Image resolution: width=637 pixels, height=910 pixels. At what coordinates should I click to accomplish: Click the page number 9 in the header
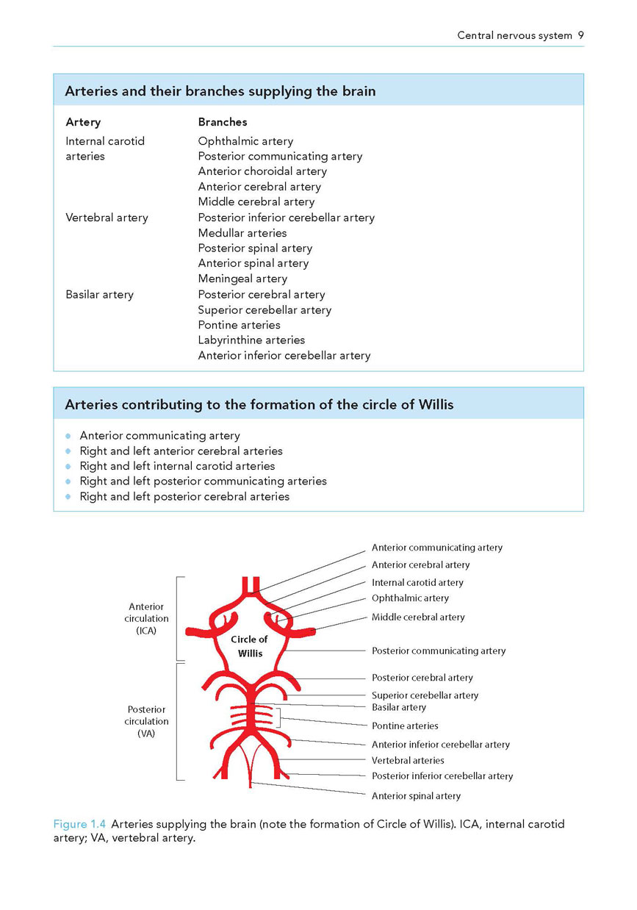581,35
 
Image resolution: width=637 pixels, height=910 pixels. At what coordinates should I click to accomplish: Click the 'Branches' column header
223,122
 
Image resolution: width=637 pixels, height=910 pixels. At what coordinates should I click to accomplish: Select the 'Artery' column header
83,122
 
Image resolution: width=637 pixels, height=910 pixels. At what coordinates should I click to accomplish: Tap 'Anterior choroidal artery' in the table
262,171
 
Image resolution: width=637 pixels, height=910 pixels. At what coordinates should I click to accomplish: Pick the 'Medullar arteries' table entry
242,233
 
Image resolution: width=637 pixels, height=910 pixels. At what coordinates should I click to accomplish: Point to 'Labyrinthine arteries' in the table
251,340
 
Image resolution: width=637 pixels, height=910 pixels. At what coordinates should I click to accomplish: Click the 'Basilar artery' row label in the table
99,295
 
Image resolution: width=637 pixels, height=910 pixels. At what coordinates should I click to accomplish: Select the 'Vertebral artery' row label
107,218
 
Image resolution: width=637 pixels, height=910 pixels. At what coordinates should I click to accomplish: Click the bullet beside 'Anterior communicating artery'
68,436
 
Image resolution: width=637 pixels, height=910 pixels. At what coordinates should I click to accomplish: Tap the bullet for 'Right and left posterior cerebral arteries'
68,496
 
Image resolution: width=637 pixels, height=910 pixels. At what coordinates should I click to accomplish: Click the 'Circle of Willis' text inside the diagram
249,646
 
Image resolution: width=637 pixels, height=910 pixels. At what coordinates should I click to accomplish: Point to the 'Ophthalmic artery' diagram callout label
410,598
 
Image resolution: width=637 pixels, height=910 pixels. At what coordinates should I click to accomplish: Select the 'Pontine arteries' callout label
405,726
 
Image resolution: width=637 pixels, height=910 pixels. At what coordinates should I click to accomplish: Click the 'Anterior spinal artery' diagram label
416,796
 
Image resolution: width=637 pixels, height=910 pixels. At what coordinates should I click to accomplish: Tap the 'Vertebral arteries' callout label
408,760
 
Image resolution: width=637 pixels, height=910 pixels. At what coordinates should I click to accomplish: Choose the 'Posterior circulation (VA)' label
146,721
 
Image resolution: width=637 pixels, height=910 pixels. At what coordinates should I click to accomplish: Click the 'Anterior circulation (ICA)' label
146,618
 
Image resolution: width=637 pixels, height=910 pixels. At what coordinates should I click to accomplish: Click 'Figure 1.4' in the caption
79,824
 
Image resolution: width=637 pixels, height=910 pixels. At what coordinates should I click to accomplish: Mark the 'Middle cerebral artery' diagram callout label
418,617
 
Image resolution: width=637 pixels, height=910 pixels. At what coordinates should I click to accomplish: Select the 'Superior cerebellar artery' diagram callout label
425,695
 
